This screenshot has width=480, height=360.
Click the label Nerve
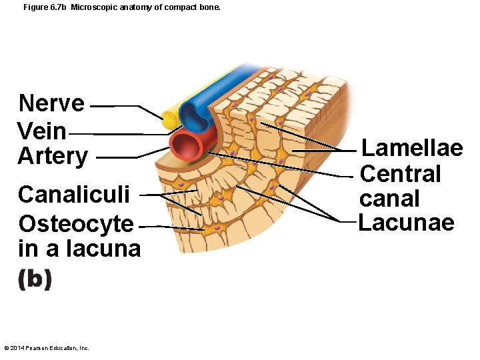click(51, 104)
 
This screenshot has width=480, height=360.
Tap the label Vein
click(42, 131)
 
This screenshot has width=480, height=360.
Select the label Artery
click(53, 156)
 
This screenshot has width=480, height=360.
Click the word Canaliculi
click(78, 195)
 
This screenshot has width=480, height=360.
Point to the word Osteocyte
click(76, 223)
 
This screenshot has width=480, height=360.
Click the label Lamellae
click(411, 147)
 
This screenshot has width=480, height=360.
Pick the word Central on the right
click(400, 173)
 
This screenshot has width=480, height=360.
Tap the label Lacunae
click(406, 222)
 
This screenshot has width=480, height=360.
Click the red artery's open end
click(186, 145)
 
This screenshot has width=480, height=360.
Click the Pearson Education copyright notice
click(46, 348)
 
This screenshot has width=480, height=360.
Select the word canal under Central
click(389, 199)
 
